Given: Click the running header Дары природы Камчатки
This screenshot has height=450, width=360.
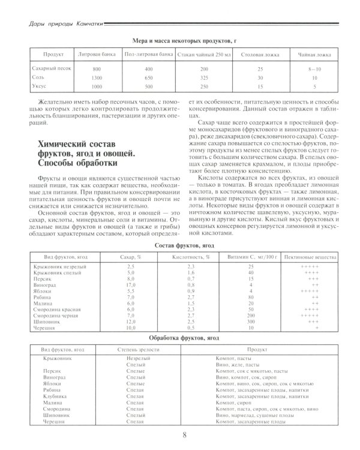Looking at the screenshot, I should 58,23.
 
